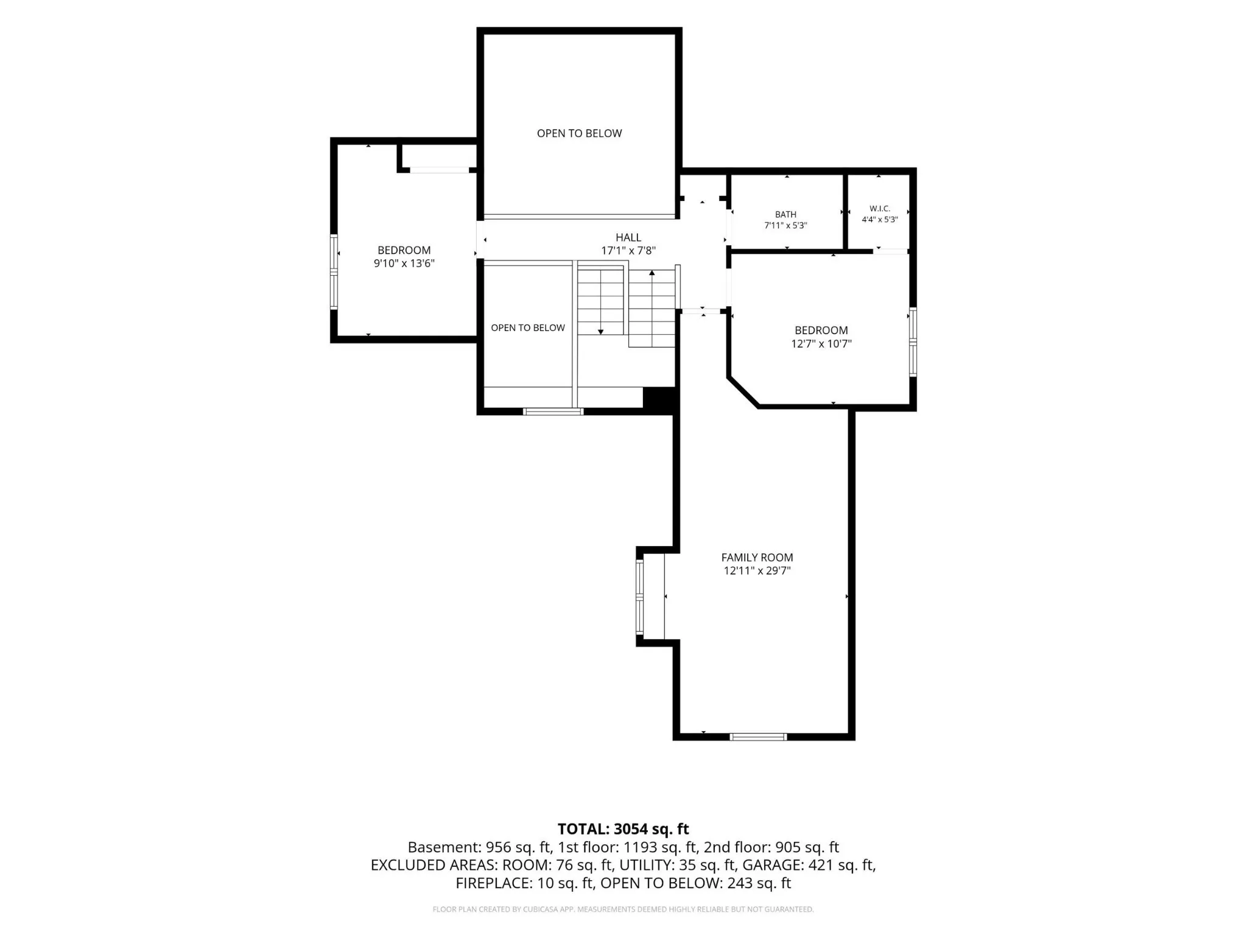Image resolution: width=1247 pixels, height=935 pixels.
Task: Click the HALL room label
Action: (628, 237)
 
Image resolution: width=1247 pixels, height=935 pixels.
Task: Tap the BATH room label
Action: (785, 214)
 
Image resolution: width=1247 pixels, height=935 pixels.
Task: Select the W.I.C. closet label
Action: (880, 209)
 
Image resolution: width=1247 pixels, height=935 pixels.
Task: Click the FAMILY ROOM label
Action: (757, 558)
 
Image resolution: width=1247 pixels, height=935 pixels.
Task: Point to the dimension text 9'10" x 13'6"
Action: (404, 264)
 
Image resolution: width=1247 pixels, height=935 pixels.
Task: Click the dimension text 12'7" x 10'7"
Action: (821, 344)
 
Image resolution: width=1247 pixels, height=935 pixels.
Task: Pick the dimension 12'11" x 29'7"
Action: (757, 571)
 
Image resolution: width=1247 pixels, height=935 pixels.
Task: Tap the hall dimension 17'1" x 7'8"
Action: (628, 251)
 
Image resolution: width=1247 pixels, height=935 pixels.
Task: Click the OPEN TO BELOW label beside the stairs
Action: (528, 328)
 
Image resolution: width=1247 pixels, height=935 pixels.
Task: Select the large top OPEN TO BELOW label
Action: (579, 133)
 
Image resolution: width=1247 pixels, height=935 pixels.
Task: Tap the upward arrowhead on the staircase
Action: (652, 273)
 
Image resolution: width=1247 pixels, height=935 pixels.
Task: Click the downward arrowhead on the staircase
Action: (601, 332)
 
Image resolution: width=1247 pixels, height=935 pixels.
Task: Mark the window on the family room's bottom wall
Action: (758, 737)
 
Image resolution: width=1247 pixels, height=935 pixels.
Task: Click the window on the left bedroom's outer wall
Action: (334, 272)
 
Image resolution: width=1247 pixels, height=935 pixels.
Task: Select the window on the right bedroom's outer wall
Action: (913, 342)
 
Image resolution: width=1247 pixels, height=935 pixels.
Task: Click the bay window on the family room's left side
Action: (639, 597)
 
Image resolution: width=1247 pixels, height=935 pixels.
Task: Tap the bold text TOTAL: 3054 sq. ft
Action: (623, 829)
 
